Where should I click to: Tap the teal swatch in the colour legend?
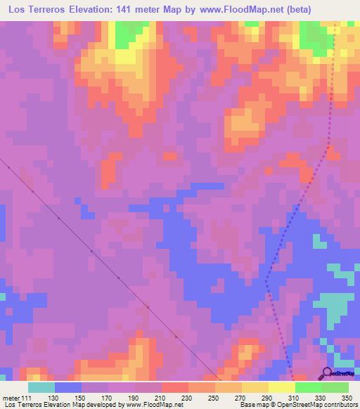tap(41, 387)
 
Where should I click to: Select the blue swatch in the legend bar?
tap(68, 387)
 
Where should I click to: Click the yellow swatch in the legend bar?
tap(281, 387)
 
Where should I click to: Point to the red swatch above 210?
tap(174, 387)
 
